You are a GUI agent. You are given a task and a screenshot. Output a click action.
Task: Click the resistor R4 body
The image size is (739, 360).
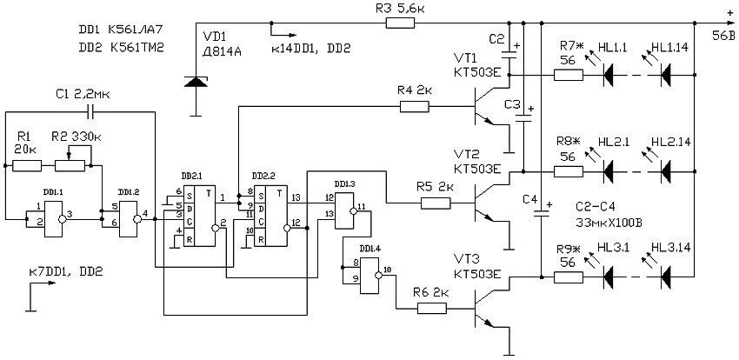coord(414,106)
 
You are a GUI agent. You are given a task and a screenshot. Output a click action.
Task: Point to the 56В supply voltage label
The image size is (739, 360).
coord(723,36)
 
